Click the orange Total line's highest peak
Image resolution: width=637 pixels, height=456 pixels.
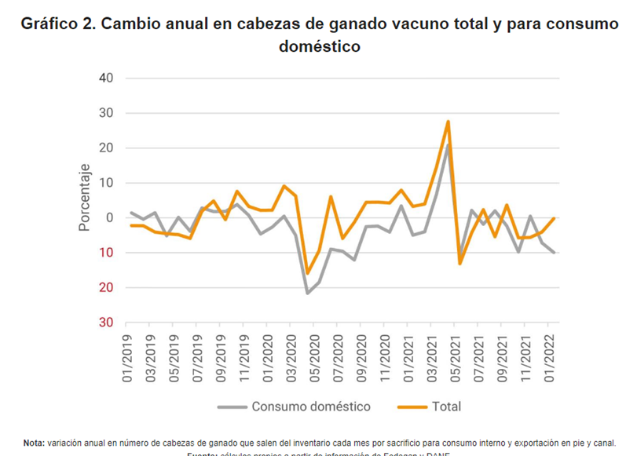(448, 122)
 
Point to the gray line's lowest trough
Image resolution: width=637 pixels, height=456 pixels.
(307, 294)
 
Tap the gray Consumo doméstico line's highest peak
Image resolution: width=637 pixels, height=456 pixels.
(448, 144)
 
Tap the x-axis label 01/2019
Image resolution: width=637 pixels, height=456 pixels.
(128, 359)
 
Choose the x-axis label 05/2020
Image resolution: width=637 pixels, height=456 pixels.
(316, 359)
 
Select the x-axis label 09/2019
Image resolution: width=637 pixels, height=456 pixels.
(221, 359)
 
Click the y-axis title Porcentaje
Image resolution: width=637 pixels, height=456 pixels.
(84, 197)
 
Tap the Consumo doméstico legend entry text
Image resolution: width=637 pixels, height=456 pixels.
(311, 407)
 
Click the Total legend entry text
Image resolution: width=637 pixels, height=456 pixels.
(445, 407)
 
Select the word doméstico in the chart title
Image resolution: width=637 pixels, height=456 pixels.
(319, 47)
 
